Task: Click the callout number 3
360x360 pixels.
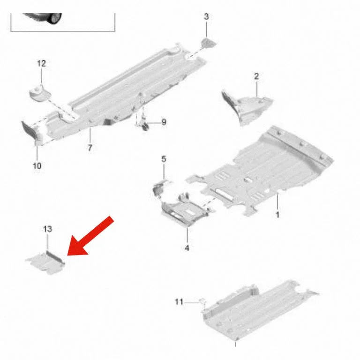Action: click(206, 16)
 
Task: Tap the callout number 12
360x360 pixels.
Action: click(42, 63)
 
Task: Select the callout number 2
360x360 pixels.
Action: click(256, 76)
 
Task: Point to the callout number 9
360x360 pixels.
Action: click(164, 122)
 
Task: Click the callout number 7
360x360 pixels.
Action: click(90, 148)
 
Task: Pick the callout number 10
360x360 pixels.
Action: click(37, 165)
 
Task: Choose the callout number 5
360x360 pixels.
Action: click(164, 159)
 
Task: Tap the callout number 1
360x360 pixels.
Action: click(277, 215)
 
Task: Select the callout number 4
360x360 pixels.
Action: click(187, 248)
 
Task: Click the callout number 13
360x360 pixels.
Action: click(47, 229)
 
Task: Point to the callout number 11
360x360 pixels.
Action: click(179, 301)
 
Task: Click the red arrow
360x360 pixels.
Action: click(90, 236)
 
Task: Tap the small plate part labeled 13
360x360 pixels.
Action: click(45, 263)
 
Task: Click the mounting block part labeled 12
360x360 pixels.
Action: click(40, 93)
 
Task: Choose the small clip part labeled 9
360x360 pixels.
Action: click(145, 125)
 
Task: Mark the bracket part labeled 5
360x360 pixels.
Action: click(161, 187)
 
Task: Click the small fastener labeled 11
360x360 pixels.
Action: click(203, 301)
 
